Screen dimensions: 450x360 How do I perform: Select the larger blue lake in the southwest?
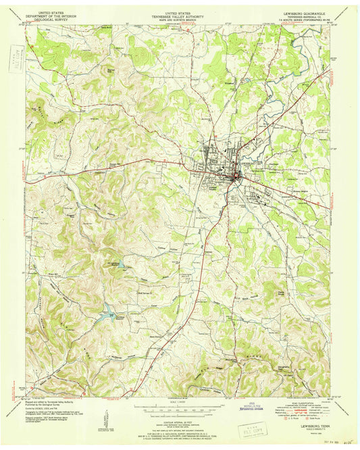tap(106, 312)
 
